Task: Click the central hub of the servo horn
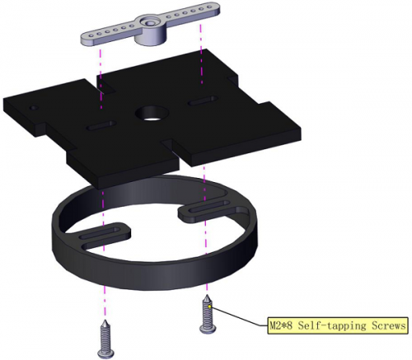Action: click(x=151, y=30)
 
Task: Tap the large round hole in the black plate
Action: click(x=150, y=114)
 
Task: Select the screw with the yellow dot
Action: click(x=207, y=314)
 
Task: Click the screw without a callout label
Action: click(x=107, y=339)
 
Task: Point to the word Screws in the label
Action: click(x=388, y=325)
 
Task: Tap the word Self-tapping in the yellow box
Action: click(x=332, y=326)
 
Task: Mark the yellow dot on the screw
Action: click(x=210, y=306)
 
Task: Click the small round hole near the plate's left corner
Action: click(x=35, y=107)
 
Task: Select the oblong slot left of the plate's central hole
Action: click(x=101, y=125)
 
